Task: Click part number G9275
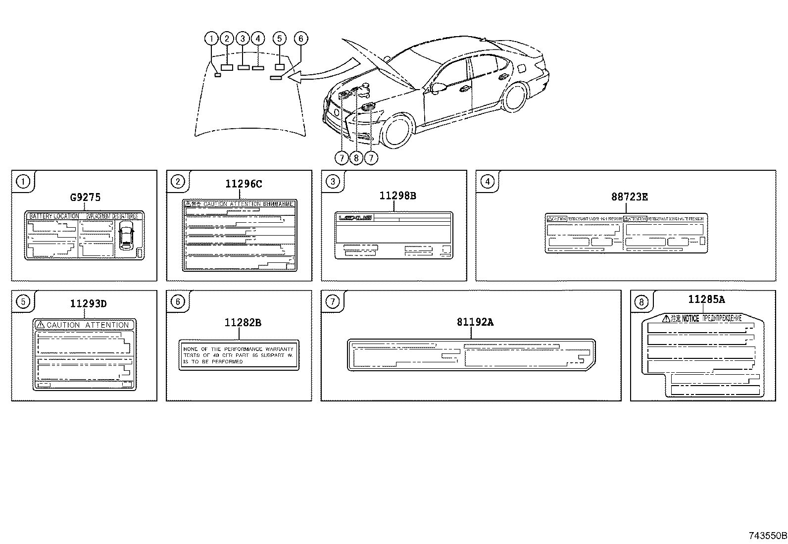[x=85, y=197]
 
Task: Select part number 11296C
[x=244, y=184]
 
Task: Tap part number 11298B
[x=397, y=196]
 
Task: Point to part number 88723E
[x=629, y=197]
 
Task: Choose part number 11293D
[x=88, y=303]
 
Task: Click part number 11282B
[x=243, y=323]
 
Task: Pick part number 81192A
[x=475, y=322]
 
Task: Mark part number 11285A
[x=706, y=299]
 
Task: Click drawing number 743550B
[x=767, y=536]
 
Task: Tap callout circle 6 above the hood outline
[x=300, y=39]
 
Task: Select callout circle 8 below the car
[x=356, y=158]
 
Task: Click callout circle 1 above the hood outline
[x=211, y=39]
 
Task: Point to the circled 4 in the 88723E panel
[x=488, y=181]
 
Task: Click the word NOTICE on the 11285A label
[x=690, y=319]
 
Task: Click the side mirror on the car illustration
[x=437, y=87]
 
